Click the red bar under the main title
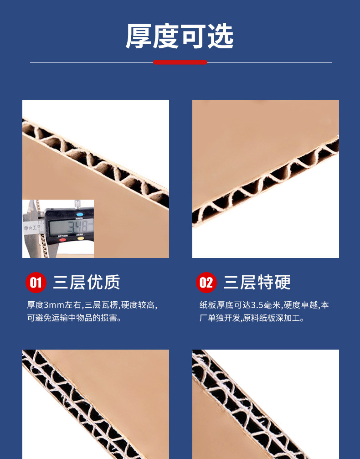[x=180, y=62]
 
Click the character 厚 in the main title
[x=139, y=36]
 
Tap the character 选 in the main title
[x=221, y=36]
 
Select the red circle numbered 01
[x=36, y=283]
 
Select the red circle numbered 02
[x=206, y=283]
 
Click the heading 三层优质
[x=87, y=282]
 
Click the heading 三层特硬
[x=257, y=282]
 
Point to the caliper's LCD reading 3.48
[x=78, y=227]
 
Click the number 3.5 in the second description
[x=257, y=305]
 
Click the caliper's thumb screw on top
[x=77, y=203]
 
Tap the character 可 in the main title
[x=193, y=36]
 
